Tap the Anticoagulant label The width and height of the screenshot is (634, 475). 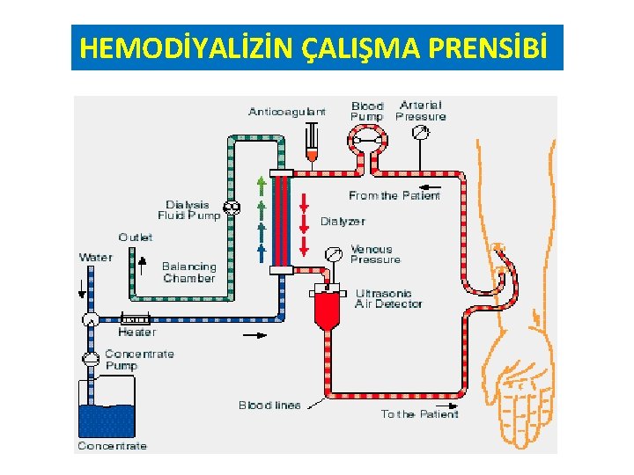[x=287, y=112]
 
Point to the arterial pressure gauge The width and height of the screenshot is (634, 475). [x=420, y=133]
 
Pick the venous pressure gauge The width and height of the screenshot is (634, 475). [x=333, y=254]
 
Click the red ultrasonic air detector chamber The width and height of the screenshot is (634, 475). [x=328, y=311]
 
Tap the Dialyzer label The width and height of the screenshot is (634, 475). [x=343, y=221]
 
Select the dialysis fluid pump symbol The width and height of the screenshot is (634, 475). [x=232, y=208]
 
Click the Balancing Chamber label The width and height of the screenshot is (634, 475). [x=188, y=272]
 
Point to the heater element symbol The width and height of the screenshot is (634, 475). [x=135, y=318]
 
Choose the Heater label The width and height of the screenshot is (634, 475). [x=136, y=332]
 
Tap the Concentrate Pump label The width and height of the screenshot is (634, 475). [x=139, y=359]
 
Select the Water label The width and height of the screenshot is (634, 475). [x=96, y=257]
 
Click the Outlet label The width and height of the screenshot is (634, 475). [x=136, y=237]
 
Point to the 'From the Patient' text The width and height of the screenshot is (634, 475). [x=394, y=195]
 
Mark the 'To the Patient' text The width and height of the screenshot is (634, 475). [x=419, y=413]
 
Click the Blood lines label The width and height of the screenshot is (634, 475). [x=269, y=406]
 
